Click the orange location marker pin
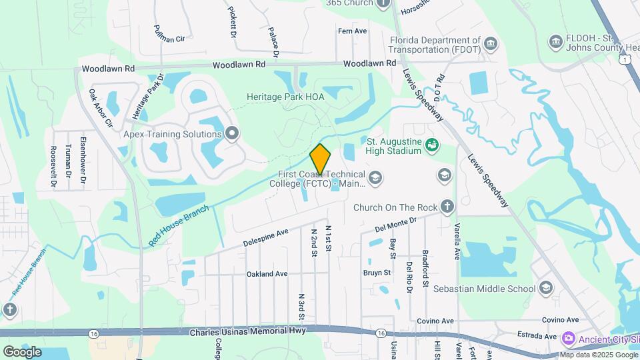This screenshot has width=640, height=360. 320,159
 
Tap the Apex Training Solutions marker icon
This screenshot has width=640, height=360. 232,134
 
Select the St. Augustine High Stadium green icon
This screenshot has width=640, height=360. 431,144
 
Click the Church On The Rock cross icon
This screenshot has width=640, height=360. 447,207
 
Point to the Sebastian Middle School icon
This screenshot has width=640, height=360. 546,288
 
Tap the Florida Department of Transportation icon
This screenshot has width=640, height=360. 491,44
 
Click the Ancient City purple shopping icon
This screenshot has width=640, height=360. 568,338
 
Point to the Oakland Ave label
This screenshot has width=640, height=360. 267,274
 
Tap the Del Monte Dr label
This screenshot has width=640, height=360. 395,223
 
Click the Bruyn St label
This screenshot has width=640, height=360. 377,273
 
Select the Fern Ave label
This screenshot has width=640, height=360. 353,31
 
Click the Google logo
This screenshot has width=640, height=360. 22,351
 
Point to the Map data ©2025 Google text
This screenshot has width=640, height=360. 598,355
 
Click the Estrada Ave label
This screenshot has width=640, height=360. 536,337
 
